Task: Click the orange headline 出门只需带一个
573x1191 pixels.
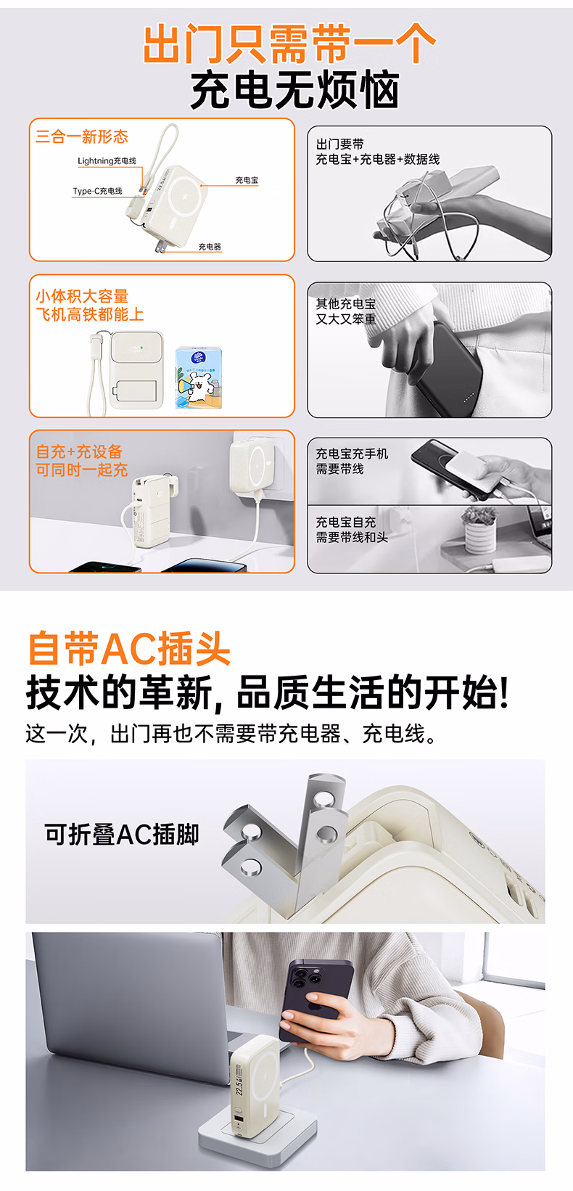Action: (x=289, y=44)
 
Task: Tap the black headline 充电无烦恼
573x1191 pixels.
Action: (x=295, y=91)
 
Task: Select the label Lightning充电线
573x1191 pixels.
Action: (x=107, y=160)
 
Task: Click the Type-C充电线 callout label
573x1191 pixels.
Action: (x=97, y=191)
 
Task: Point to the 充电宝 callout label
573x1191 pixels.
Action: (x=247, y=180)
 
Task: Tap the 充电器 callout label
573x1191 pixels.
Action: (x=210, y=247)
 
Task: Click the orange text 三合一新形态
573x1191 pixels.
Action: (x=82, y=136)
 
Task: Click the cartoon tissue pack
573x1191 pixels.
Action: (x=198, y=378)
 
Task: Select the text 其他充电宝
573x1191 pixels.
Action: (x=346, y=304)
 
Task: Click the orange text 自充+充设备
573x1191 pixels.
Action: (x=79, y=452)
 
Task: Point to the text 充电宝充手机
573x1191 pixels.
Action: (x=352, y=454)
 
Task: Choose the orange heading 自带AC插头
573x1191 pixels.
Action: (x=128, y=648)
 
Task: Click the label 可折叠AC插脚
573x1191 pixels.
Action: (x=122, y=834)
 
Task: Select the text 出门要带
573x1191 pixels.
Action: (x=339, y=144)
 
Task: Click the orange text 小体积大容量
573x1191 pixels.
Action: (x=82, y=296)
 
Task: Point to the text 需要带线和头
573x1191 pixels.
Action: (x=352, y=538)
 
